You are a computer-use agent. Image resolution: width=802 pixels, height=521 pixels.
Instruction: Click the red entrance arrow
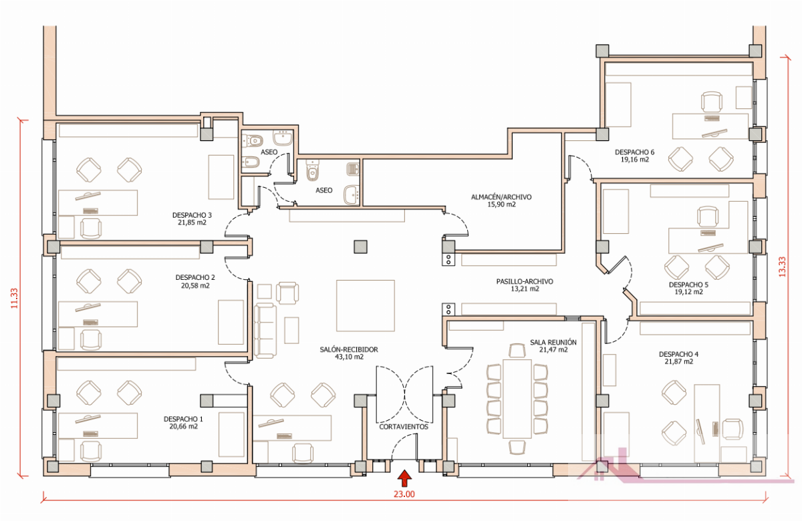coord(404,478)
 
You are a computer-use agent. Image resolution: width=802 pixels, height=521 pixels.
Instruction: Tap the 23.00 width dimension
coord(404,494)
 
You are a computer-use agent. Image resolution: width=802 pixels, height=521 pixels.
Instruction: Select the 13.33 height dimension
coord(783,267)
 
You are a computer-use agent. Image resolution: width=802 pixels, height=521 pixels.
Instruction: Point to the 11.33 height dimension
coord(14,298)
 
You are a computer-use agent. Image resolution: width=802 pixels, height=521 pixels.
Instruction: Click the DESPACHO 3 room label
coord(192,215)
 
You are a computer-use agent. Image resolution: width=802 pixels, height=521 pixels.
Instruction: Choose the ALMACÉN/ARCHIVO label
coord(501,197)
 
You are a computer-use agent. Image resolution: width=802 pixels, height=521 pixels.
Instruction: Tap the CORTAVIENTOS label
coord(404,427)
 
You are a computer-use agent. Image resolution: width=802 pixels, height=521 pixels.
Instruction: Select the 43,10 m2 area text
coord(349,357)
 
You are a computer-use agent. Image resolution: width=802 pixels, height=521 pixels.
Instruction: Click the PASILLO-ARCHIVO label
coord(525,282)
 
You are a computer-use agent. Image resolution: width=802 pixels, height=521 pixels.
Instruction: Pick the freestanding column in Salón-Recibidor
coord(360,247)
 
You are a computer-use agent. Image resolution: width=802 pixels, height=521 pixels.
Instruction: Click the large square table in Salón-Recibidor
coord(366,306)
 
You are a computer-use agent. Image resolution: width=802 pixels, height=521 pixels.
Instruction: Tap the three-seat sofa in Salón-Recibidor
coord(265,331)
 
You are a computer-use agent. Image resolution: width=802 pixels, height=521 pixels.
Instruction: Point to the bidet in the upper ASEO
coord(252,162)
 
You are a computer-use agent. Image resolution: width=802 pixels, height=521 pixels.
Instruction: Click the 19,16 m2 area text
coord(635,160)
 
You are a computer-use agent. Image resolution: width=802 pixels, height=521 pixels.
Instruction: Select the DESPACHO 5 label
coord(688,285)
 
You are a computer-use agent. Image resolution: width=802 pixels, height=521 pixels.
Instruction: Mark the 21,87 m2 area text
coord(678,362)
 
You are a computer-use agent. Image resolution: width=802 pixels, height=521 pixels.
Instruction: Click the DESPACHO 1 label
coord(183,419)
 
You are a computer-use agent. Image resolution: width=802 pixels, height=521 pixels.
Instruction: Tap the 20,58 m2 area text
coord(195,286)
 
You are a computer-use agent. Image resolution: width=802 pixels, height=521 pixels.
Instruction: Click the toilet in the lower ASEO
coord(313,171)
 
